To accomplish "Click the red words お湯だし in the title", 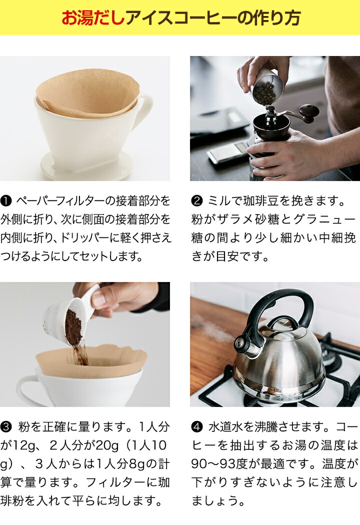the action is click(93, 17).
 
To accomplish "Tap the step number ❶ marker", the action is click(6, 201).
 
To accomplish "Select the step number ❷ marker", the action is click(197, 201).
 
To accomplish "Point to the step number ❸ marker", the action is click(6, 427).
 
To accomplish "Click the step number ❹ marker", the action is click(197, 427).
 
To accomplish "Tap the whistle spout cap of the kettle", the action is click(240, 343).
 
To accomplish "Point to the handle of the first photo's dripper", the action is click(144, 110).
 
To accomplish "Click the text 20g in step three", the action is click(107, 445).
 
